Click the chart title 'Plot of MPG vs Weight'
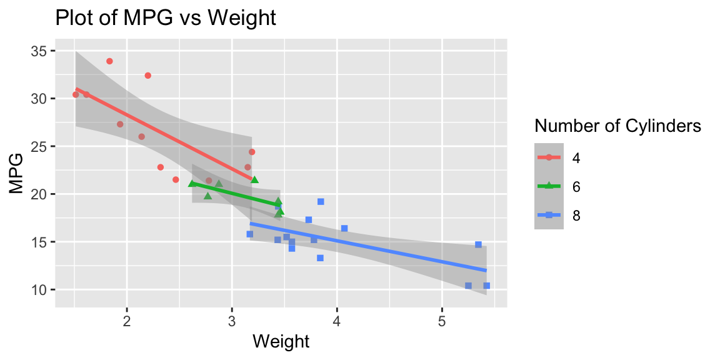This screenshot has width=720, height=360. tap(166, 18)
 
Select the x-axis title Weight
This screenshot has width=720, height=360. tap(281, 341)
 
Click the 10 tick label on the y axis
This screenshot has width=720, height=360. tap(39, 290)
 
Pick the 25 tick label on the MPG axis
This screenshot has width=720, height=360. tap(39, 147)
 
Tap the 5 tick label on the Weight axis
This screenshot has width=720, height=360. tap(442, 322)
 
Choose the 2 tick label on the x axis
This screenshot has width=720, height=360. tap(127, 322)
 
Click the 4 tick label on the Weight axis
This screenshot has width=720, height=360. tap(337, 322)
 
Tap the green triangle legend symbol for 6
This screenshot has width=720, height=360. tap(549, 186)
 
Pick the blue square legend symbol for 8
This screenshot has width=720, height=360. tap(549, 214)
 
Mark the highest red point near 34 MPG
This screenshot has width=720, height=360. tap(109, 61)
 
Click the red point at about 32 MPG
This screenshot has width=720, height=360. tap(147, 76)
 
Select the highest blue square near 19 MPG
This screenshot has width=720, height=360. tap(321, 201)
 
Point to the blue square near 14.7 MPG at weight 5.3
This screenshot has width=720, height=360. tap(478, 244)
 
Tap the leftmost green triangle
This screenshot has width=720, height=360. tap(192, 184)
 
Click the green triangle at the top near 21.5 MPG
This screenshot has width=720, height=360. tap(254, 179)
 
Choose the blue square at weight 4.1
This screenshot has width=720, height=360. tap(344, 228)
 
